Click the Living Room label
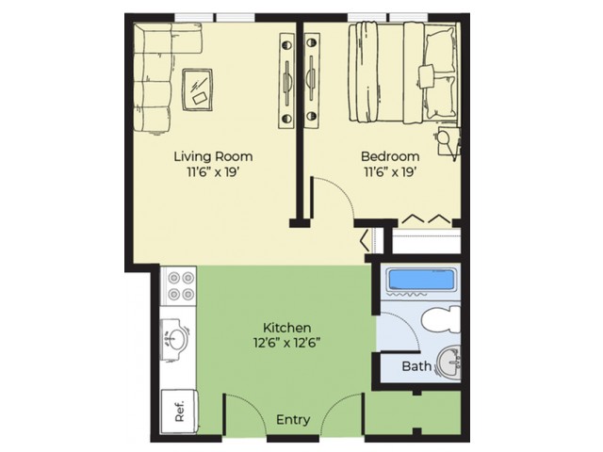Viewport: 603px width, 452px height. click(213, 155)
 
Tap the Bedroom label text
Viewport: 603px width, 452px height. click(389, 155)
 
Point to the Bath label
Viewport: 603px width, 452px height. click(416, 365)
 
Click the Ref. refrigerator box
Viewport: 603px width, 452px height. click(177, 411)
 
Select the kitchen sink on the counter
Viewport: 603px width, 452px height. click(176, 337)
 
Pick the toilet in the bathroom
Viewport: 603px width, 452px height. click(440, 320)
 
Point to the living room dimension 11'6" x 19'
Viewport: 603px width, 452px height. click(213, 172)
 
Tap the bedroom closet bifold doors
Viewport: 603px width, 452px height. click(426, 218)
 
